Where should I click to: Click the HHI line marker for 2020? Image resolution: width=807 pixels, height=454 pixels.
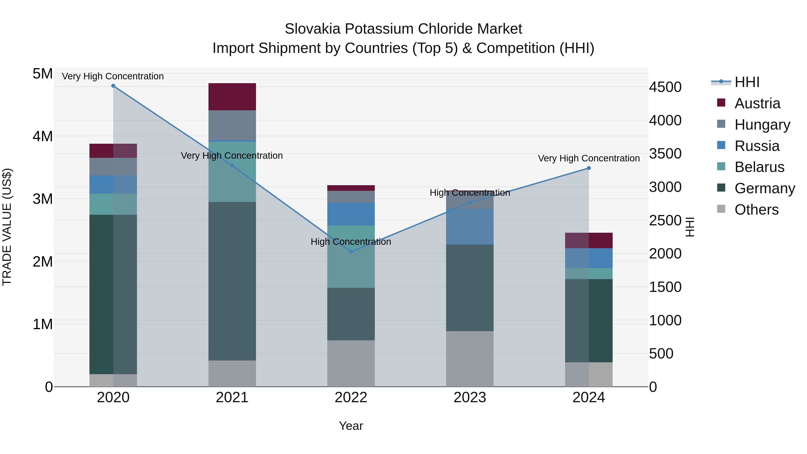(113, 86)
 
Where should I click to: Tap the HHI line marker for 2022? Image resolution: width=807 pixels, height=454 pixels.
(351, 252)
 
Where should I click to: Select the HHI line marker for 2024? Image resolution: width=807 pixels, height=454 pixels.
(589, 168)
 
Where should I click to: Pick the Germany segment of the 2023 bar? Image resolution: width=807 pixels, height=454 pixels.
(470, 288)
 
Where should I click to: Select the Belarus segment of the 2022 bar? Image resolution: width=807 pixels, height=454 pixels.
(351, 257)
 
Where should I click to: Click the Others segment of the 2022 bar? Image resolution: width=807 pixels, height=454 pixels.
(351, 363)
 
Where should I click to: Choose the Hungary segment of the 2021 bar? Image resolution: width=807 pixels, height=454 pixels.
(232, 125)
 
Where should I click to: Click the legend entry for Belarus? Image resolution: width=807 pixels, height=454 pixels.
(759, 167)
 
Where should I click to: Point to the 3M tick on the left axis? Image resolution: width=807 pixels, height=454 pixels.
(43, 199)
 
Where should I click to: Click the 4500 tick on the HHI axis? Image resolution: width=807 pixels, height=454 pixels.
(665, 87)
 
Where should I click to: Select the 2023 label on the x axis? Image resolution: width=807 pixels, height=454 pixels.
(470, 398)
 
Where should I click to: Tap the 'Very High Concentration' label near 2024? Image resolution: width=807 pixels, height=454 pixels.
(589, 159)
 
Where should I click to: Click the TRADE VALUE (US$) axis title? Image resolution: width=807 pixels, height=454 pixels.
(7, 227)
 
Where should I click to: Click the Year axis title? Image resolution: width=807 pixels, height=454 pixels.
(351, 426)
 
